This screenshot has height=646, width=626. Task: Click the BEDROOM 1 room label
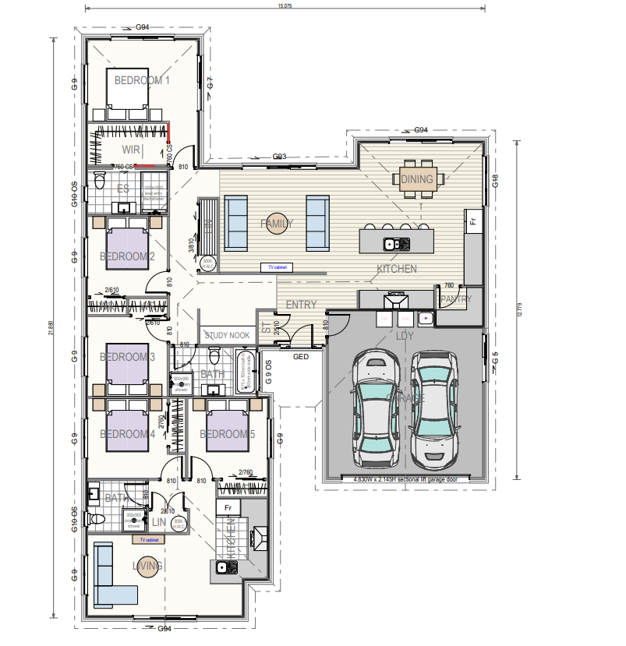pyautogui.click(x=142, y=80)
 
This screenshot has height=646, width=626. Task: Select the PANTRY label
pyautogui.click(x=456, y=299)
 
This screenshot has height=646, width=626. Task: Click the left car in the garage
pyautogui.click(x=376, y=408)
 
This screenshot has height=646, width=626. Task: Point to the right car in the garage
pyautogui.click(x=434, y=405)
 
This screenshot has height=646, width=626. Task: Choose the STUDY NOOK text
pyautogui.click(x=228, y=335)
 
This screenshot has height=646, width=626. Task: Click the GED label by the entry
pyautogui.click(x=301, y=357)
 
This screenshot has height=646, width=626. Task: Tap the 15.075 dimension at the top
pyautogui.click(x=285, y=6)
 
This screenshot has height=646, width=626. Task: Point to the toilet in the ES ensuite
pyautogui.click(x=99, y=182)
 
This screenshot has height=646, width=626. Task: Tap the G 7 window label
pyautogui.click(x=209, y=82)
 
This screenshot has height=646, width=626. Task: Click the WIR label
pyautogui.click(x=131, y=149)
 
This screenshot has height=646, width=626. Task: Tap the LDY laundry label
pyautogui.click(x=405, y=336)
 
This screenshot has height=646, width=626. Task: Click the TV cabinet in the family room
pyautogui.click(x=278, y=267)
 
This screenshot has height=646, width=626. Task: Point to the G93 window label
pyautogui.click(x=280, y=157)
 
